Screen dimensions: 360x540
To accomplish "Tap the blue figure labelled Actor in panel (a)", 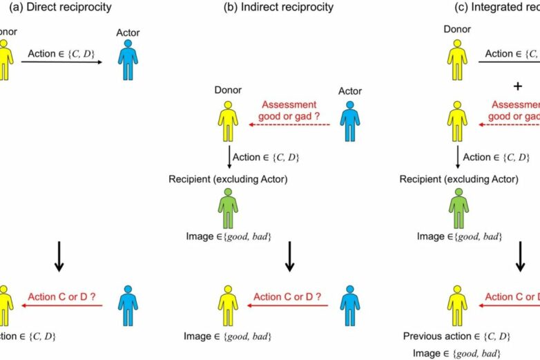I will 128,61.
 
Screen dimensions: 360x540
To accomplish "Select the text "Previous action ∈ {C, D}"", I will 456,337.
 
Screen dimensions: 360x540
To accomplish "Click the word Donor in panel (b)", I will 229,91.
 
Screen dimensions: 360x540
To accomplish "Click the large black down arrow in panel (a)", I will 59,256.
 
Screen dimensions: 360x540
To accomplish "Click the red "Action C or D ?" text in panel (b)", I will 289,297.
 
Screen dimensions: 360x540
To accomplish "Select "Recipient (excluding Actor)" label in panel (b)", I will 229,180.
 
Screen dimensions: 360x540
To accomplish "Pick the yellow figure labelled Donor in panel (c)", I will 458,58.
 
